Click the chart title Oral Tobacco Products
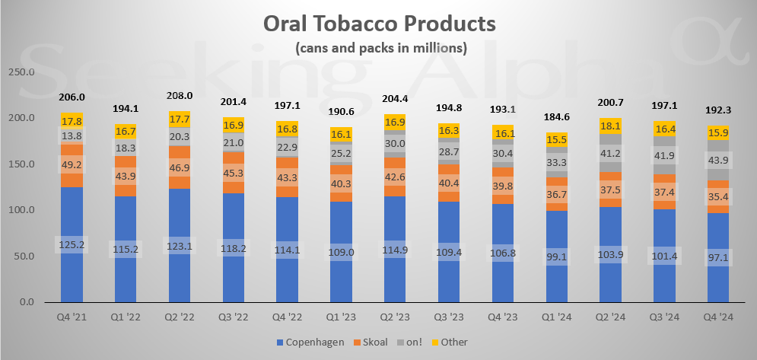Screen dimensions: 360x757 pos(379,23)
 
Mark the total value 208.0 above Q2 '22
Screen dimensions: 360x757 pos(180,96)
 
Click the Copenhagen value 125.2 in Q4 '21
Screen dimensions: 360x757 pos(72,244)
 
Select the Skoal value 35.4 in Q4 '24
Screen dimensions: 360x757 pos(718,199)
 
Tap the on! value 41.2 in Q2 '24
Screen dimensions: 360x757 pos(611,154)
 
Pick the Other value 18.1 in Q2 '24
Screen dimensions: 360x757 pos(611,126)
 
